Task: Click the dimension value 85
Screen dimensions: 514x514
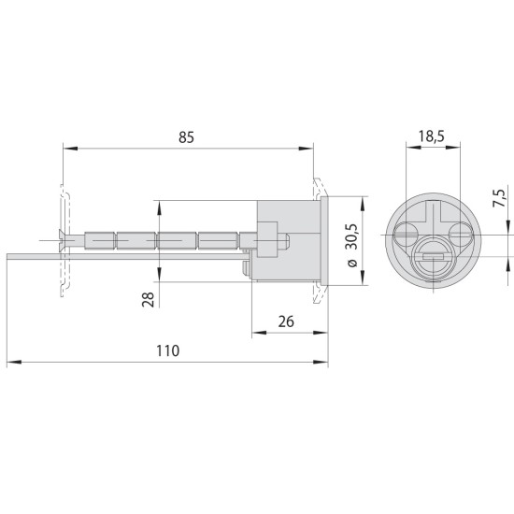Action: tap(186, 137)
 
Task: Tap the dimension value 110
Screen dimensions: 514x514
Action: tap(168, 350)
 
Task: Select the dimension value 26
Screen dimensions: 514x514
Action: tap(286, 321)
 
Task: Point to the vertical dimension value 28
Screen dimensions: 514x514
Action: tap(149, 299)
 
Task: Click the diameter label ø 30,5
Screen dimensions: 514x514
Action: tap(351, 246)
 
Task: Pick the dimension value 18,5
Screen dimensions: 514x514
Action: tap(431, 136)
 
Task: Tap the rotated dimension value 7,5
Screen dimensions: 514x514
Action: tap(500, 198)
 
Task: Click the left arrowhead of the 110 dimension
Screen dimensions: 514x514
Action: tap(14, 362)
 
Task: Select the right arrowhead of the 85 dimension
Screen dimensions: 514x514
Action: tap(306, 149)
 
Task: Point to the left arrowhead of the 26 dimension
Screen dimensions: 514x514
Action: tap(259, 333)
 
